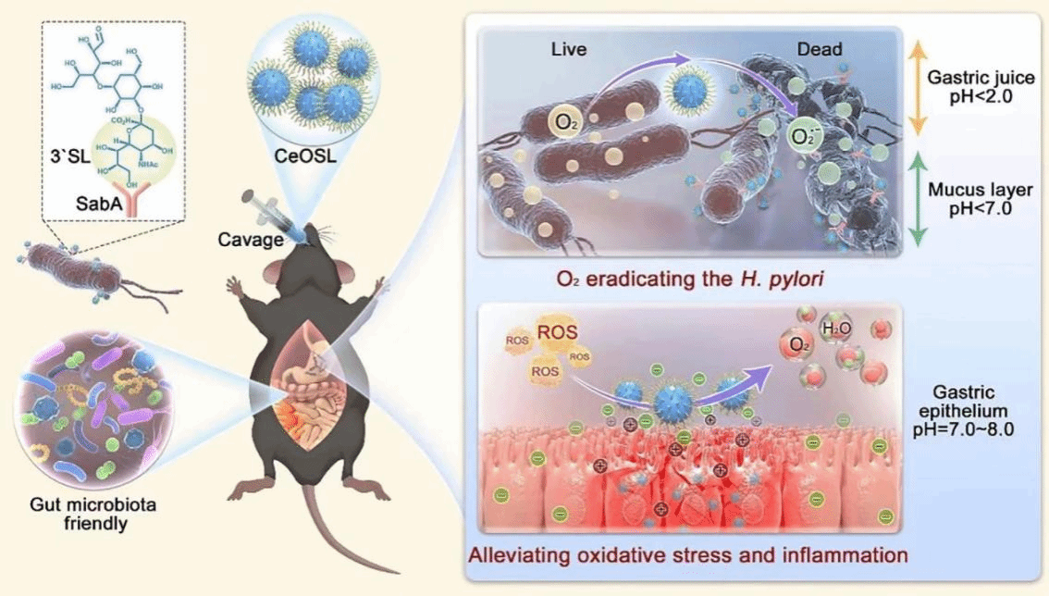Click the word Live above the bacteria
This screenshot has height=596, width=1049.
click(x=569, y=49)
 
